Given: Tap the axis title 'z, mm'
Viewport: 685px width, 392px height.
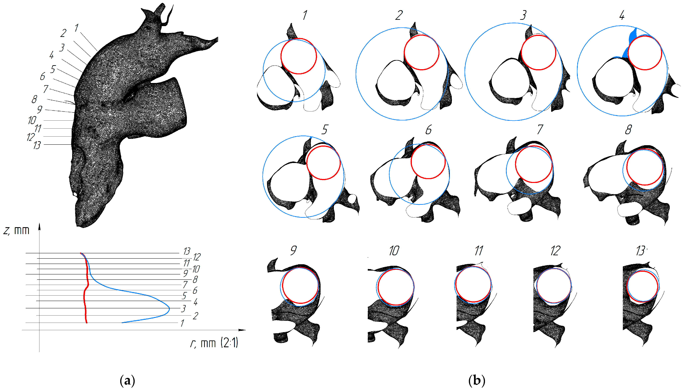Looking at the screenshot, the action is pyautogui.click(x=16, y=231).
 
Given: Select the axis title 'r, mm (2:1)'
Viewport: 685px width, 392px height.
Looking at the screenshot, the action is pyautogui.click(x=214, y=343).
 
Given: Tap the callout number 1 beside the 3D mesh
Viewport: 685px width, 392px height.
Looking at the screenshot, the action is pyautogui.click(x=76, y=28).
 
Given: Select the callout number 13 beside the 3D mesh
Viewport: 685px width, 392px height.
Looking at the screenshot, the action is pyautogui.click(x=37, y=145).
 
